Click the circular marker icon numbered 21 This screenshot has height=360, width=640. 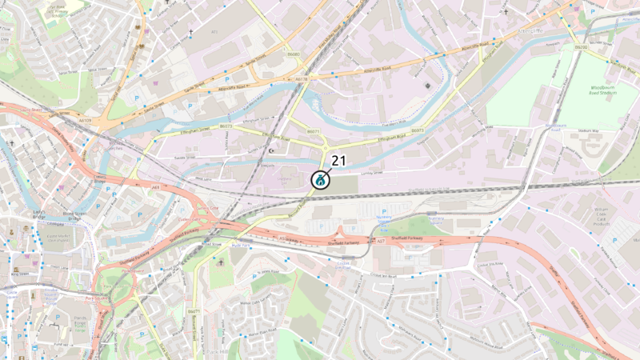point(319,180)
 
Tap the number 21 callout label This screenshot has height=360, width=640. point(338,161)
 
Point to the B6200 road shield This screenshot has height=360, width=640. point(581,47)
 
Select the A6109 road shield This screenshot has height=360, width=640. point(86,121)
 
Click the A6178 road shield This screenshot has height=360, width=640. point(301,79)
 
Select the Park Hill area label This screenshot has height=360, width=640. point(217,350)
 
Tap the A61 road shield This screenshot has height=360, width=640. point(156,188)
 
